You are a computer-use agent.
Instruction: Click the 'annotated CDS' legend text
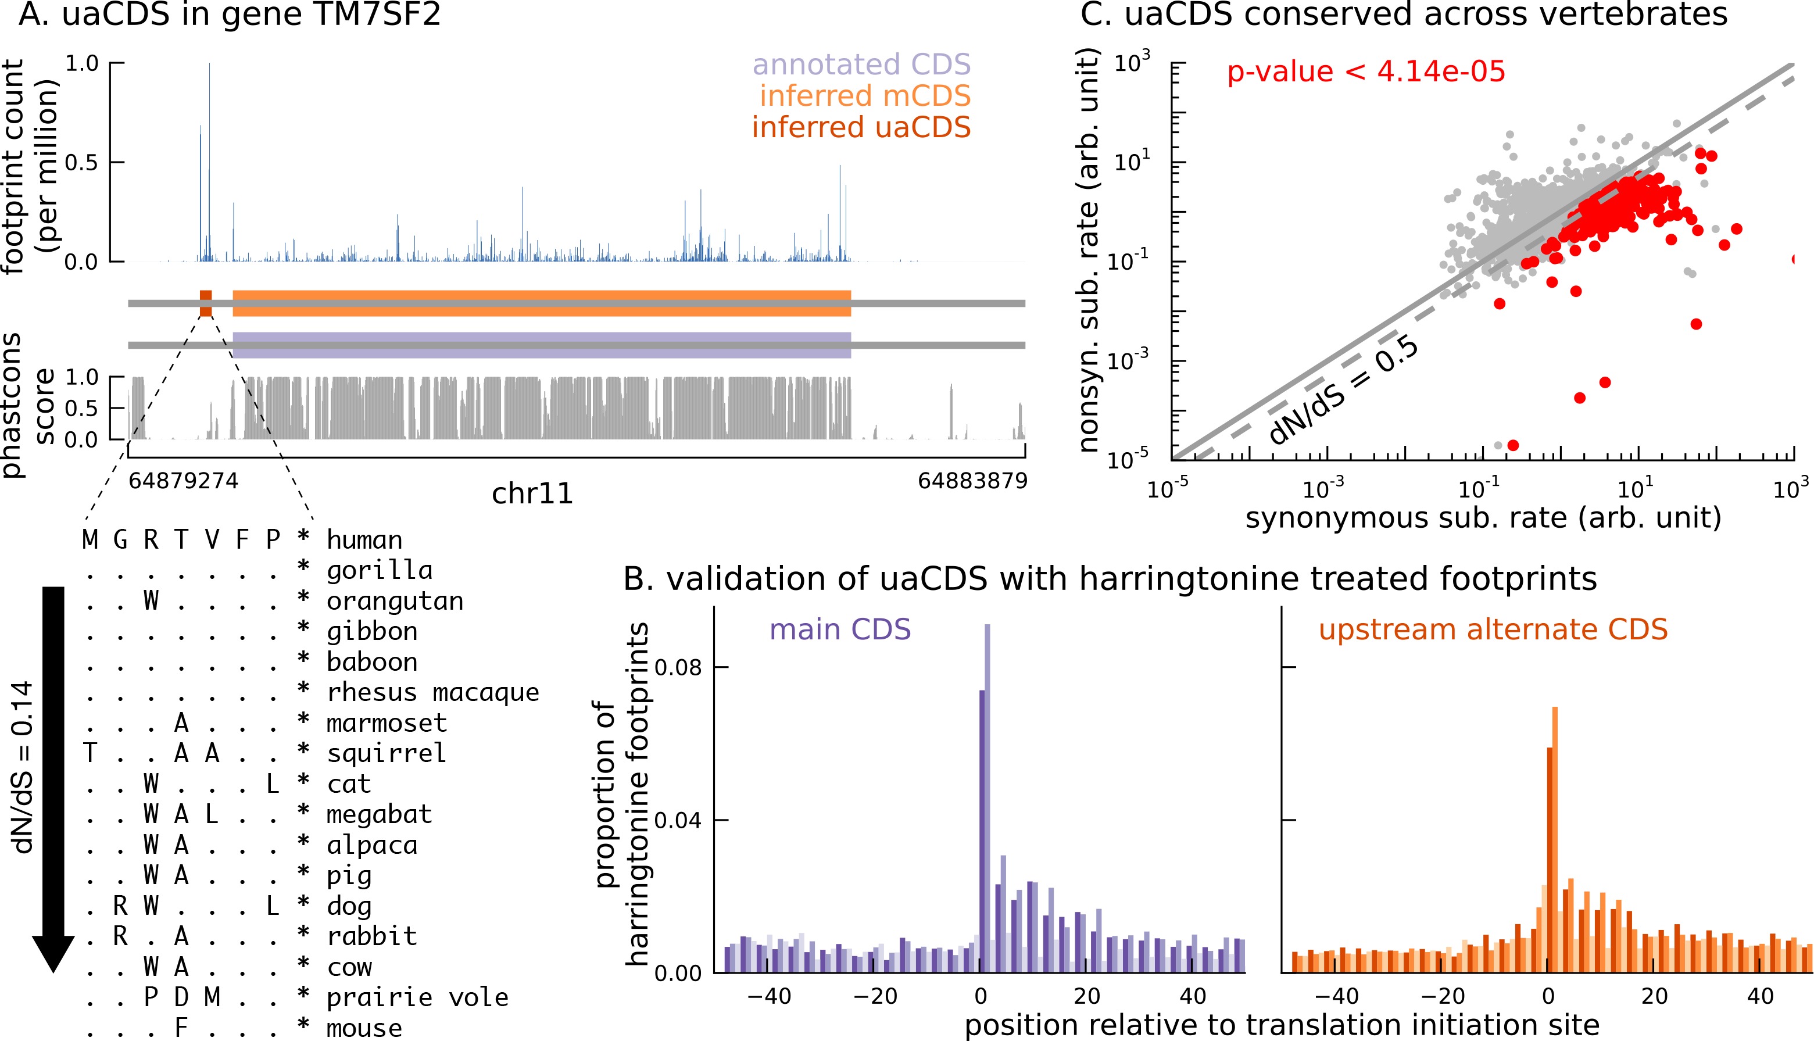click(x=861, y=65)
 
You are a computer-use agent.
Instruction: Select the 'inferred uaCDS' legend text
click(x=861, y=127)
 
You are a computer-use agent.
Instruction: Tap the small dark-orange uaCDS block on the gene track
click(x=206, y=303)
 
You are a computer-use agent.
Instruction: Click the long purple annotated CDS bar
click(x=541, y=345)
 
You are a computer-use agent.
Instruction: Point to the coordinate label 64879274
click(x=183, y=481)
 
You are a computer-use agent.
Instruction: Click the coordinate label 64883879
click(x=972, y=481)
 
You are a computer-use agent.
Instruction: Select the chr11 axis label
click(x=532, y=494)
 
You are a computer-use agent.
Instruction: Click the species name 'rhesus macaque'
click(x=432, y=692)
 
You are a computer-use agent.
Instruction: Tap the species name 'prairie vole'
click(x=417, y=997)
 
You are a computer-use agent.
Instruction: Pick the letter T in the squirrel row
click(x=90, y=753)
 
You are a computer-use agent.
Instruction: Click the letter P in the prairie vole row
click(x=151, y=997)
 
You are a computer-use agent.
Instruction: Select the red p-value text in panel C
click(x=1366, y=71)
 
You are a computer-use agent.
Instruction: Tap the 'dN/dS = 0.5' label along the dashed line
click(x=1344, y=391)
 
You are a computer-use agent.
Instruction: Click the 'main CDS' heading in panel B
click(x=840, y=629)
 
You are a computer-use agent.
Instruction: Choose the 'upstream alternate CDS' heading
click(x=1493, y=629)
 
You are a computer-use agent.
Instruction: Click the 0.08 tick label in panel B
click(x=678, y=667)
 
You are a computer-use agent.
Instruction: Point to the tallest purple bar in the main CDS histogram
click(x=987, y=797)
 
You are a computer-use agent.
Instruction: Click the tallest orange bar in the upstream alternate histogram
click(x=1555, y=839)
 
